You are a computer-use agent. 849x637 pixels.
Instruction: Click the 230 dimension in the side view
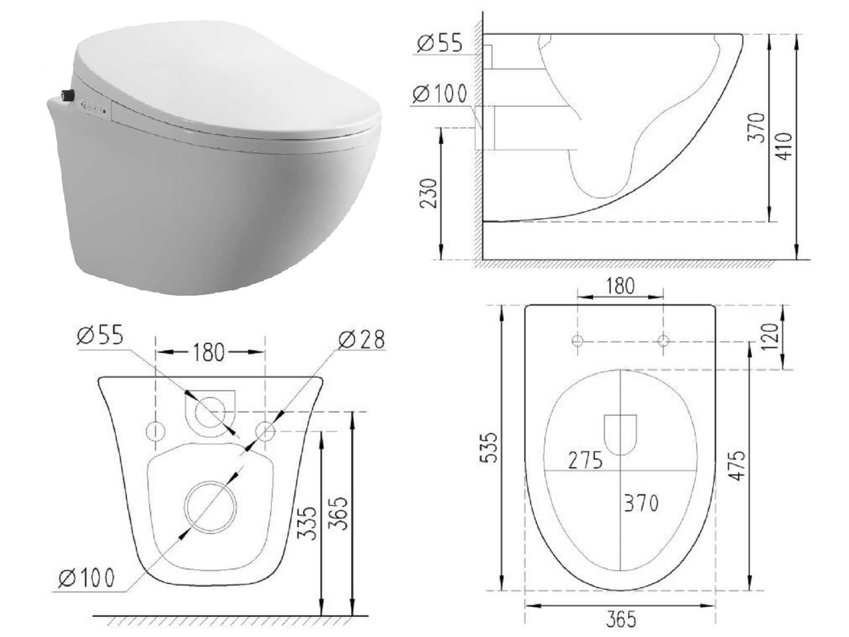click(x=428, y=193)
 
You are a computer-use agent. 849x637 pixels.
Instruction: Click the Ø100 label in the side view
click(x=440, y=93)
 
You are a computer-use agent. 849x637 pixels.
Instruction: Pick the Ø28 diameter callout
click(x=361, y=340)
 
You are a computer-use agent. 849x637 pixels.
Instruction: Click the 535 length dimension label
click(x=488, y=447)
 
